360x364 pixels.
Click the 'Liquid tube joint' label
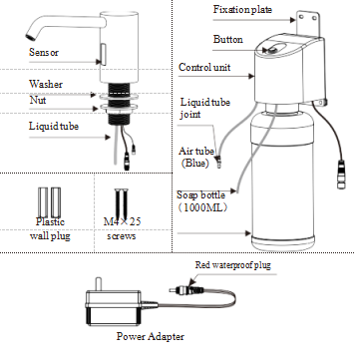(196, 110)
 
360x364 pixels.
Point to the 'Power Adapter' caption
(150, 336)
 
